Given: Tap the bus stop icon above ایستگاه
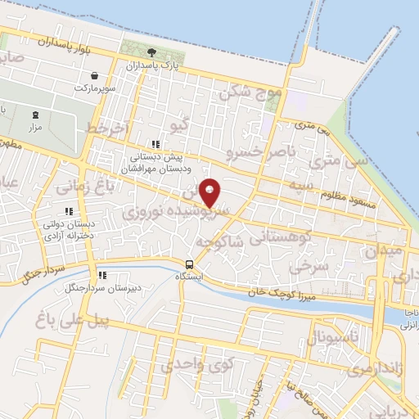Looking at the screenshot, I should (190, 264).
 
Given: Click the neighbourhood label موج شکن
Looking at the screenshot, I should (250, 95).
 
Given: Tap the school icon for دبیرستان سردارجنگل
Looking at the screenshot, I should (101, 275).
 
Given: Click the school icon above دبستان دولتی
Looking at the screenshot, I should (69, 211).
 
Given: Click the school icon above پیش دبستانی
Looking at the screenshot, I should (155, 143).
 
